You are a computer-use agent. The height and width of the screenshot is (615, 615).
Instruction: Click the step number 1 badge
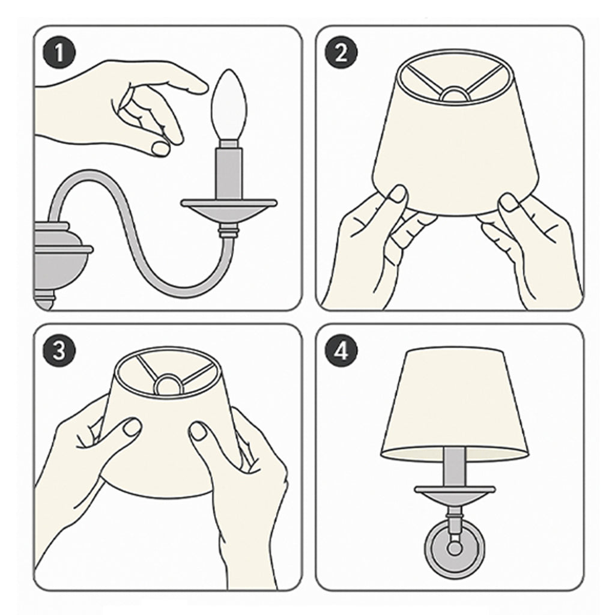pyautogui.click(x=59, y=53)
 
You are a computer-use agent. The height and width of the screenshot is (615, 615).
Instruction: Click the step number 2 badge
pyautogui.click(x=341, y=53)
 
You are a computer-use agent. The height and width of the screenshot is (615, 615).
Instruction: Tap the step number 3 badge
pyautogui.click(x=59, y=350)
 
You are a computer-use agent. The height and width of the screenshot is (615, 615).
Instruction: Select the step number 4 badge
pyautogui.click(x=341, y=350)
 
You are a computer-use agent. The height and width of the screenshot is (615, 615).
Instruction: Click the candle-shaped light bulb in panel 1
pyautogui.click(x=229, y=106)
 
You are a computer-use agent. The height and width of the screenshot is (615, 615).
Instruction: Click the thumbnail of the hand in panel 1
pyautogui.click(x=160, y=149)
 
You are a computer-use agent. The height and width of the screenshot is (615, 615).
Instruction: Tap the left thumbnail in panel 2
pyautogui.click(x=398, y=194)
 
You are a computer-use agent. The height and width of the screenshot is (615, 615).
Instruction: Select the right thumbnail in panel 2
pyautogui.click(x=510, y=202)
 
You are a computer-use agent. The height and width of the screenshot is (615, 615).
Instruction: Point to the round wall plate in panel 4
pyautogui.click(x=454, y=548)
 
